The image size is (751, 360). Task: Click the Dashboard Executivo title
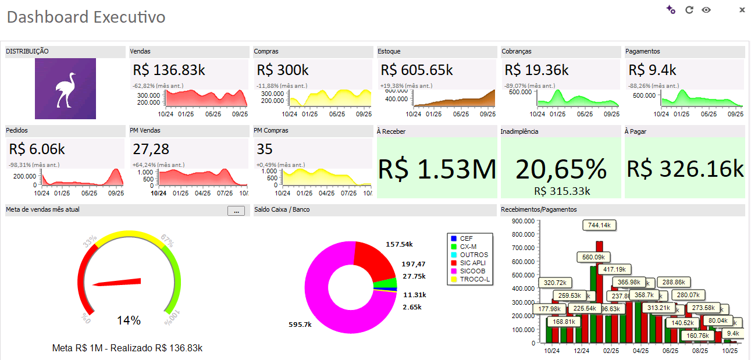coord(86,17)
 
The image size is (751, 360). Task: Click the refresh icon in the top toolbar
coord(689,10)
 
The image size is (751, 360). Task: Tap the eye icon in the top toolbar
coord(706,10)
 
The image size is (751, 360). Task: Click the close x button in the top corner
coord(742,10)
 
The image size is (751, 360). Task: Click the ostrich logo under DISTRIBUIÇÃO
coord(65,89)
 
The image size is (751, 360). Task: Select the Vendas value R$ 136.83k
coord(169,70)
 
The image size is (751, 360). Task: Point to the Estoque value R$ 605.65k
coord(417,70)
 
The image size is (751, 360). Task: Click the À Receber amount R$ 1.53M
coord(437,169)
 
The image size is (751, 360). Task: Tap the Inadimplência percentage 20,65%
coord(561,169)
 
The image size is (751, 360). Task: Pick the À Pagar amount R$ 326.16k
coord(685,169)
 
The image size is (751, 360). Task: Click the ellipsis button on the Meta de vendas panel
coord(236,211)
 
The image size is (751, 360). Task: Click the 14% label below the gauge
coord(129,320)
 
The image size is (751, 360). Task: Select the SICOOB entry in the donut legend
coord(472,271)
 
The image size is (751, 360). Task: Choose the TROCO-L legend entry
coord(474,279)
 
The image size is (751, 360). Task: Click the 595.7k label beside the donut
coord(300,325)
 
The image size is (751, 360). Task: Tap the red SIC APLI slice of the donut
coord(375,261)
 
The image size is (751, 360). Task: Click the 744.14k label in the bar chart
coord(599,225)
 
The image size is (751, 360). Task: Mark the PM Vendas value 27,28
coord(151,149)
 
